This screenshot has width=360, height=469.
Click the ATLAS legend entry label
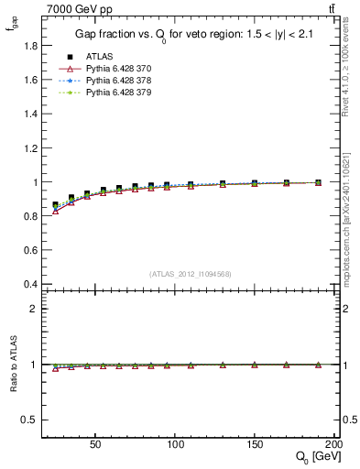[x=100, y=56]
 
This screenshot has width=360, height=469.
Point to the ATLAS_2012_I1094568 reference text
[x=190, y=274]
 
